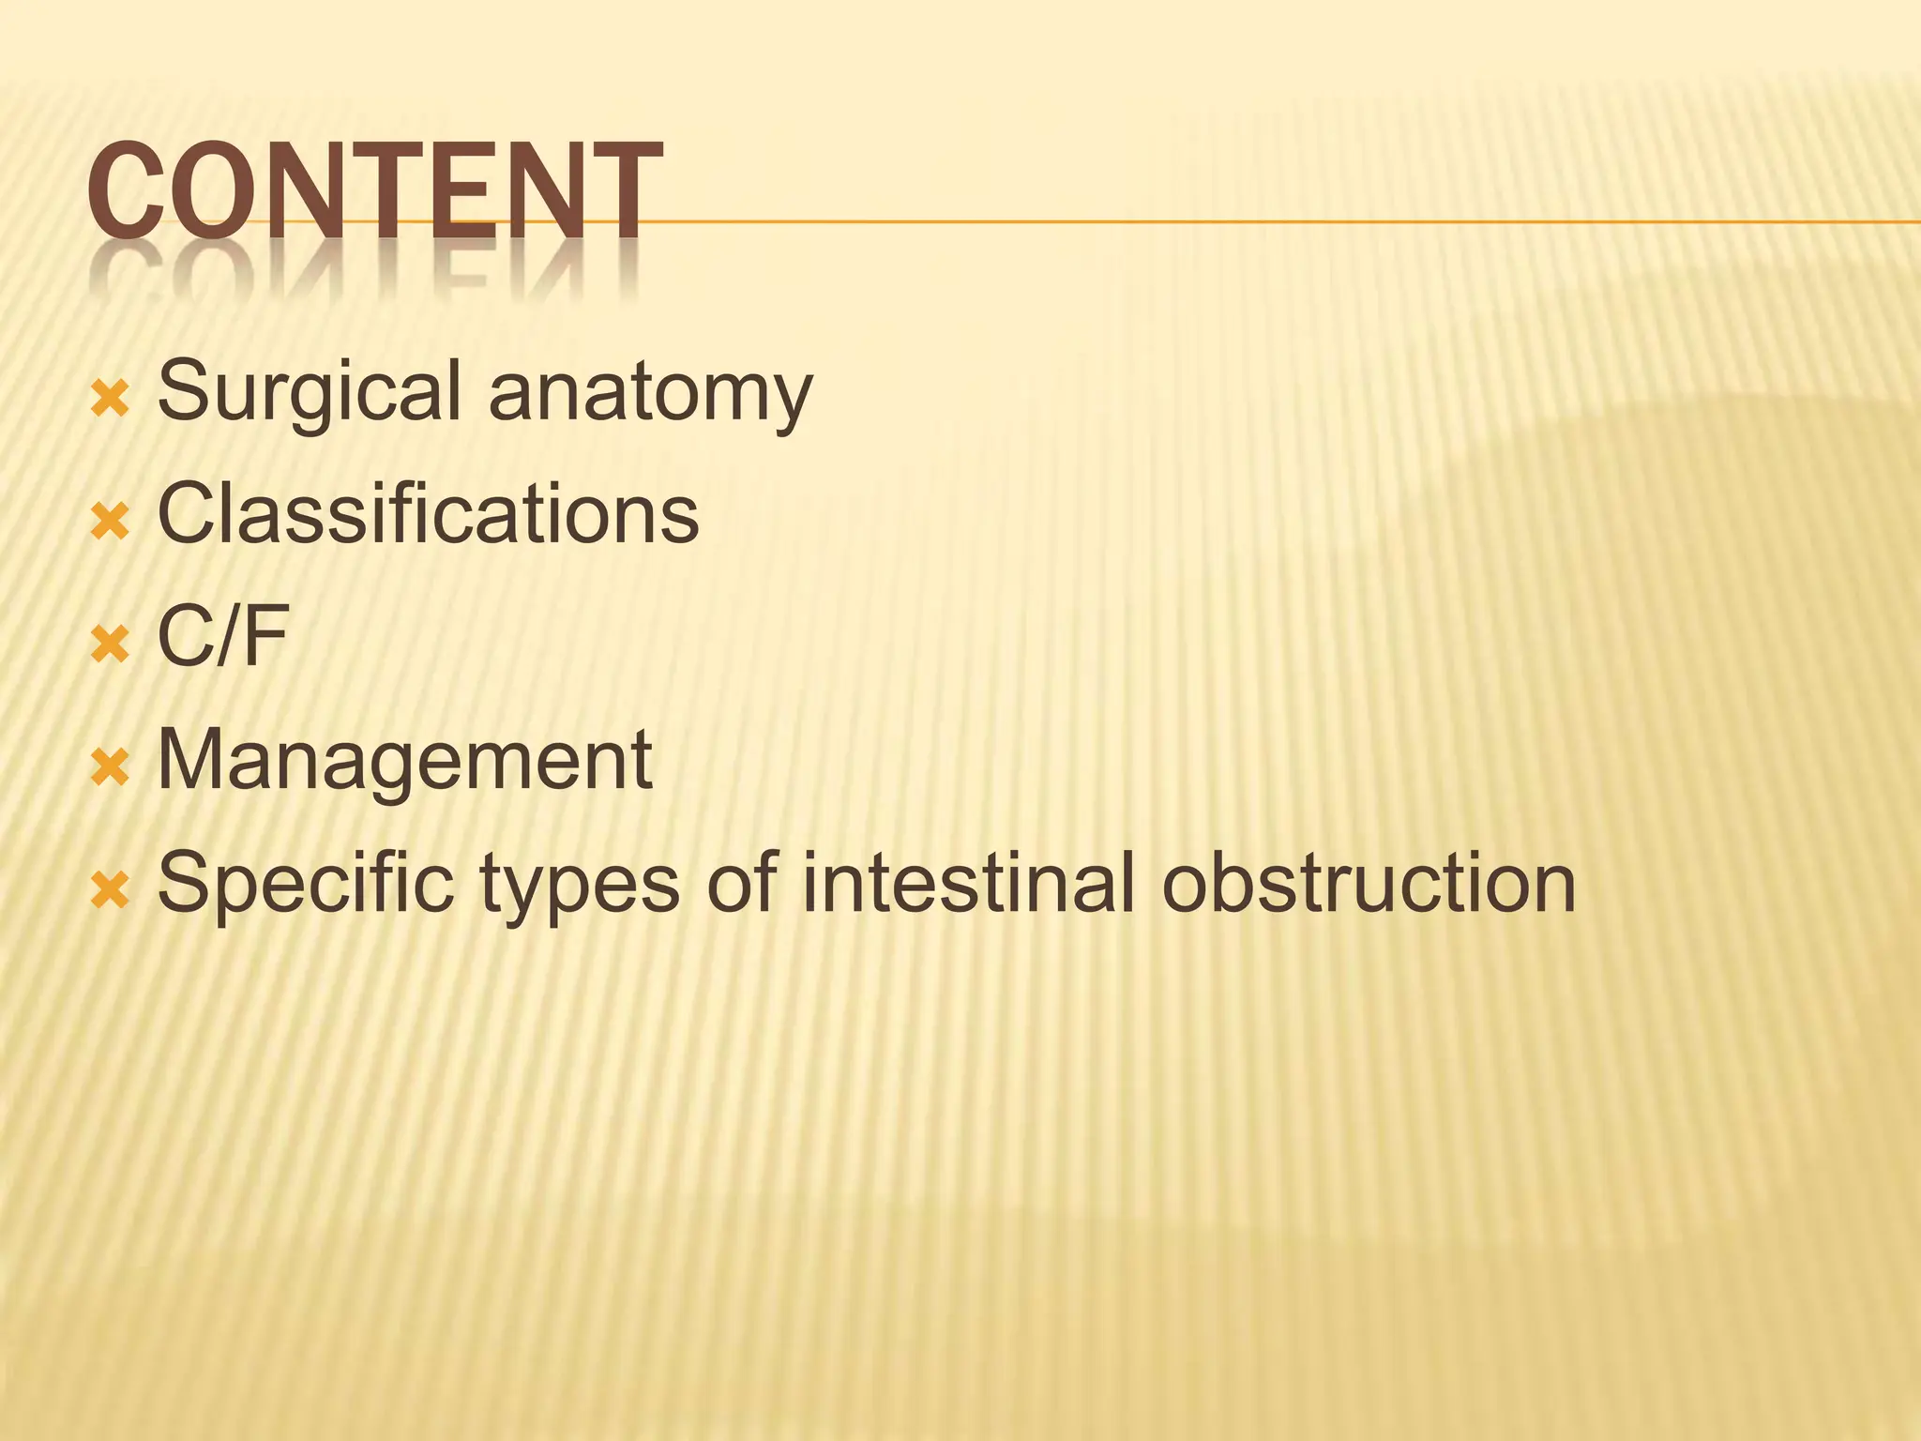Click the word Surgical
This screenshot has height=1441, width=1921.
[309, 392]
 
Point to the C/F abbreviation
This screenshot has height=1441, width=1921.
[222, 637]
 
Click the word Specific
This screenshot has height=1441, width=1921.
[305, 885]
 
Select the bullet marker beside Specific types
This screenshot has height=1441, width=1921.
[109, 892]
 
